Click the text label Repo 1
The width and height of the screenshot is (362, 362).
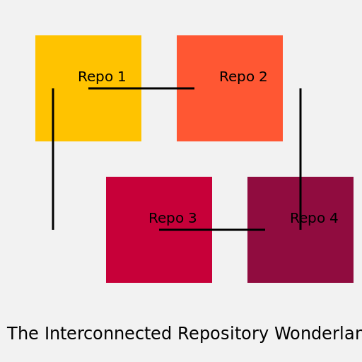102,77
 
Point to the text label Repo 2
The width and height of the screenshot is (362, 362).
243,77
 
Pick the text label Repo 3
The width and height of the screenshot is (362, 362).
173,218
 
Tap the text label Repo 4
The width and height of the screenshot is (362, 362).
314,218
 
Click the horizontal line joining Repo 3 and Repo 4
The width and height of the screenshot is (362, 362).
212,230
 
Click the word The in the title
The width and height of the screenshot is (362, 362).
22,334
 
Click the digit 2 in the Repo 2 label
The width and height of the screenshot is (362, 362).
263,77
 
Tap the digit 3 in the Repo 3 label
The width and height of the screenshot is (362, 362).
192,218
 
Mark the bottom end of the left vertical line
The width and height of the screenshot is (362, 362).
53,228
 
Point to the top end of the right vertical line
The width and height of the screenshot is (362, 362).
300,90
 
